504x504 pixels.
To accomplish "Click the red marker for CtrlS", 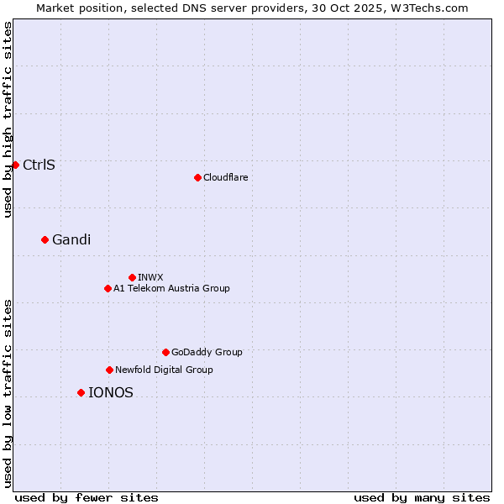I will tap(15, 165).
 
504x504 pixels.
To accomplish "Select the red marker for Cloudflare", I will tap(197, 177).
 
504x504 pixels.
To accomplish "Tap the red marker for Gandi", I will tap(45, 239).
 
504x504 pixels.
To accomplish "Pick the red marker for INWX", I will tap(132, 277).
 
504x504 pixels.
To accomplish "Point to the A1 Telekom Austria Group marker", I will tap(108, 288).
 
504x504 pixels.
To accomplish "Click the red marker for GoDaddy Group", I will tap(165, 352).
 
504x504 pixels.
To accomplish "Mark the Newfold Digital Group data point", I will tap(109, 370).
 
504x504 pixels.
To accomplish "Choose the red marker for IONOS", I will tap(81, 392).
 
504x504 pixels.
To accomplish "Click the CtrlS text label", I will tap(39, 165).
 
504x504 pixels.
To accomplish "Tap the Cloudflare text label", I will tap(225, 177).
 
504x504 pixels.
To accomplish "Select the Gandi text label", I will tap(71, 239).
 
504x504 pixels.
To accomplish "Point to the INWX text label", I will tap(150, 277).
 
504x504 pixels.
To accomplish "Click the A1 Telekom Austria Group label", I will tap(171, 288).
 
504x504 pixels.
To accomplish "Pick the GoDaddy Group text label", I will tap(207, 352).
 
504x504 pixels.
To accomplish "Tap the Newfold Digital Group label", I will tap(164, 370).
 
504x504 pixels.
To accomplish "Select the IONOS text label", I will tap(110, 392).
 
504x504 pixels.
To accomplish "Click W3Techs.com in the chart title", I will tap(433, 8).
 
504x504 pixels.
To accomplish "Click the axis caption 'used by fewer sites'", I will tap(87, 497).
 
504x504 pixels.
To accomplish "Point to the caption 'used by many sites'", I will tap(422, 497).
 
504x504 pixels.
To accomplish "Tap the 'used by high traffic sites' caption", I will tap(8, 119).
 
